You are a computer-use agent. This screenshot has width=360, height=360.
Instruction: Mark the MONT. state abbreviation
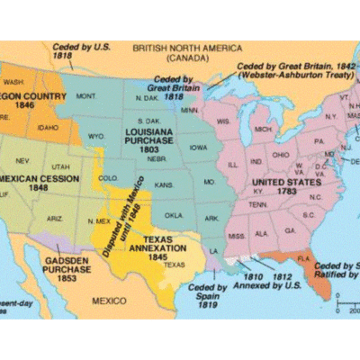click(x=86, y=95)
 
